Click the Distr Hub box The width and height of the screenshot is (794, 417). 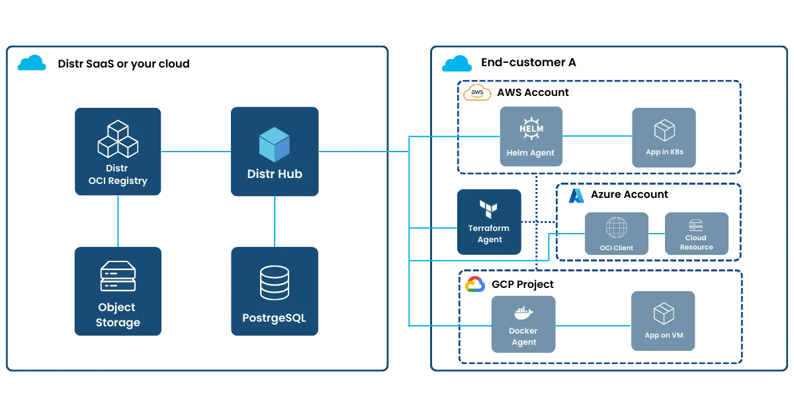[x=275, y=152]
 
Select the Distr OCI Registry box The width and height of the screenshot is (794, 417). [x=118, y=152]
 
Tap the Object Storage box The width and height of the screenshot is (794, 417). [x=118, y=292]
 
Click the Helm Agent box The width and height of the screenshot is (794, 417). [x=531, y=136]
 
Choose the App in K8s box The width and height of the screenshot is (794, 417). [x=664, y=136]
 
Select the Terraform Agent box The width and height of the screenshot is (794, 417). [x=490, y=221]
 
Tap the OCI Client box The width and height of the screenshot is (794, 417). [x=616, y=234]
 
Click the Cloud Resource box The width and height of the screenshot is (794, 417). [x=696, y=234]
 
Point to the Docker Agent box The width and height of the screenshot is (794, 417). [x=523, y=324]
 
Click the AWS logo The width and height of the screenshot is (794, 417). [x=478, y=93]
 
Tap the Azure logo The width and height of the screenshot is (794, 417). [x=577, y=195]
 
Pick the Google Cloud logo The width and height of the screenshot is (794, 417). [x=475, y=285]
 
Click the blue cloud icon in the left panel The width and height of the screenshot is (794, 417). [x=32, y=64]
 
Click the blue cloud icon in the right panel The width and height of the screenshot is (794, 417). [x=457, y=64]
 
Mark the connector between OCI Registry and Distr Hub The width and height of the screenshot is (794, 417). [x=197, y=152]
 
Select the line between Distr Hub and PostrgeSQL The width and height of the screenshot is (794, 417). [x=274, y=221]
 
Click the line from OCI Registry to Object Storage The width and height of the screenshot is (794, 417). [x=118, y=220]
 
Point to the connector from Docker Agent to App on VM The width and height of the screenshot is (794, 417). [x=593, y=325]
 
